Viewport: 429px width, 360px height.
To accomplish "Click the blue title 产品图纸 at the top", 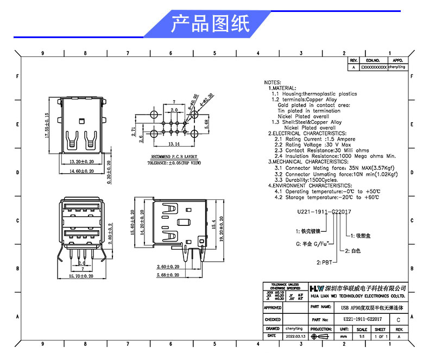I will [210, 24].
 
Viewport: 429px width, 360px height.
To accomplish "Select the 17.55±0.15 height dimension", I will [47, 127].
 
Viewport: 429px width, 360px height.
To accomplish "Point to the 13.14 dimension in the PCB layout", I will [174, 144].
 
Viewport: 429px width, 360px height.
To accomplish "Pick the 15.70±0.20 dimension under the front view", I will [82, 277].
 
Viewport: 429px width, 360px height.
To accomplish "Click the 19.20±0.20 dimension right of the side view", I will [222, 225].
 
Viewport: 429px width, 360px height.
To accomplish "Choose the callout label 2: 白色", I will [352, 251].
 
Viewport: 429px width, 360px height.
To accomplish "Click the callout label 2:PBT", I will [325, 262].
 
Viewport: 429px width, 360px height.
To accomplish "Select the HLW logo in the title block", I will [316, 287].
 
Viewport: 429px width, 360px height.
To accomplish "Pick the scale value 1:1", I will [362, 337].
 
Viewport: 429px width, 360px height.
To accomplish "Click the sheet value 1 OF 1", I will [381, 337].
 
